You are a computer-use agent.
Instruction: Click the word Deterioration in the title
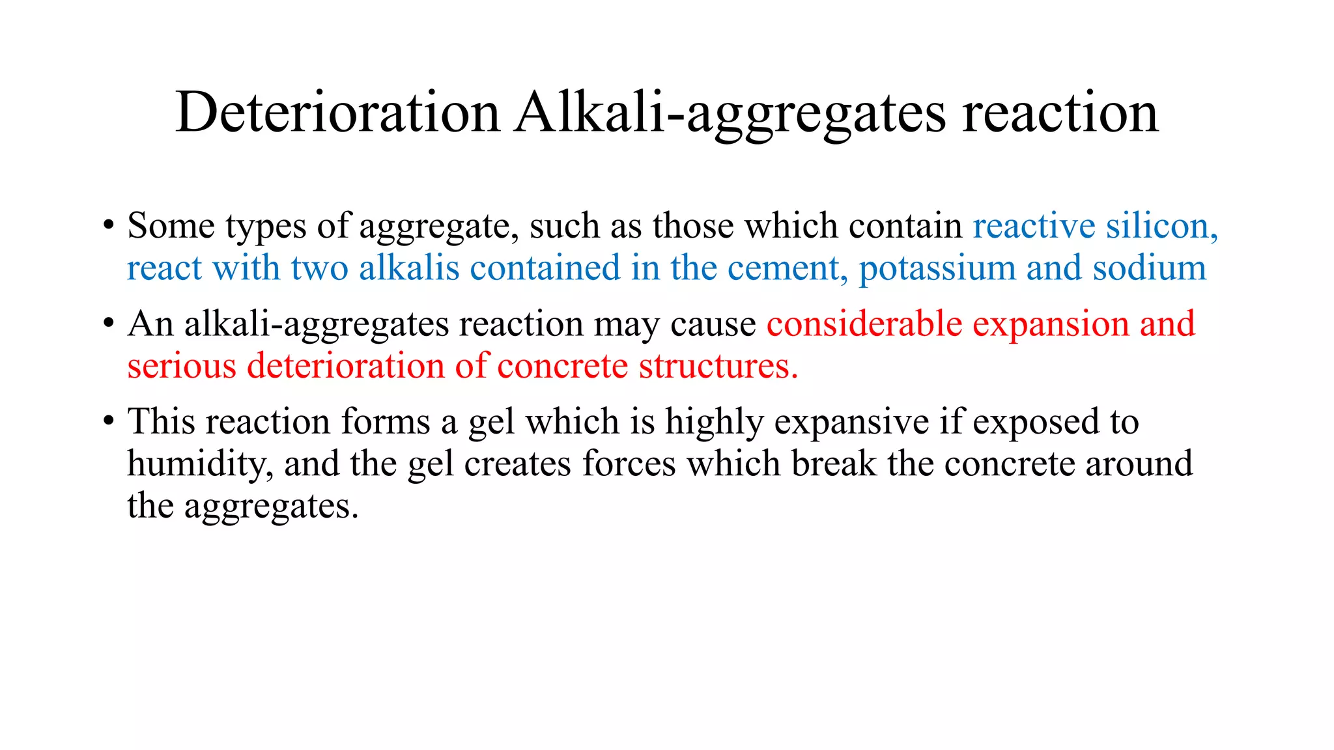tap(337, 112)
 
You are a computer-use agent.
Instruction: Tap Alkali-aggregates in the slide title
tap(730, 112)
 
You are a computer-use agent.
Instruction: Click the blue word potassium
tap(937, 268)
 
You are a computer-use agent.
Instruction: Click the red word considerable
tap(864, 324)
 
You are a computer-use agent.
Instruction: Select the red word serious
tap(182, 366)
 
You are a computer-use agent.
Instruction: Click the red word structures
tap(718, 366)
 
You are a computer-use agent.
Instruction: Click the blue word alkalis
tap(409, 268)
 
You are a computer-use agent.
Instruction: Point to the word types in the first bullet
tap(266, 226)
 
